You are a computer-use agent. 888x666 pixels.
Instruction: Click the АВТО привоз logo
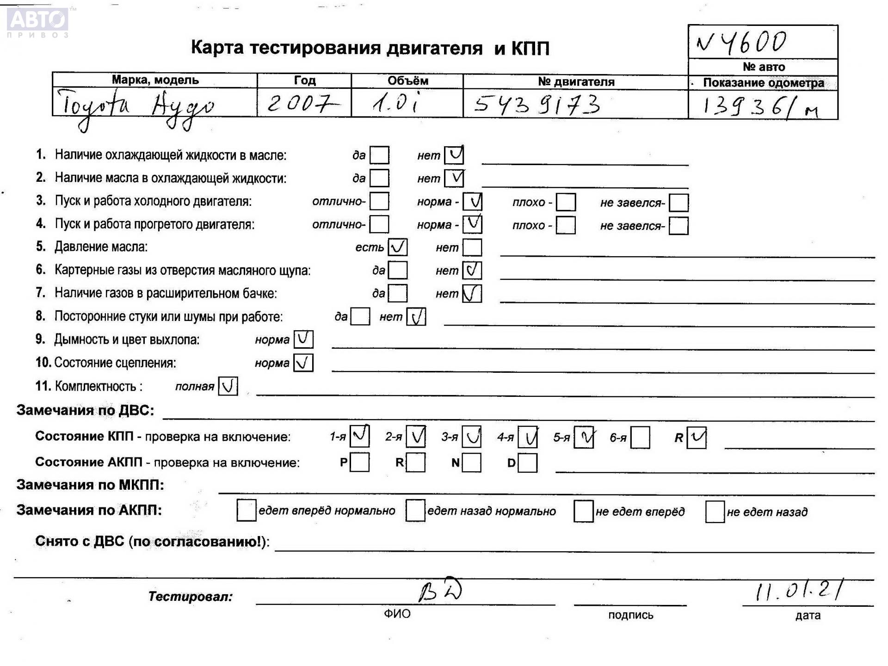[38, 22]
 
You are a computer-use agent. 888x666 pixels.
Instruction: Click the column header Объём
[407, 80]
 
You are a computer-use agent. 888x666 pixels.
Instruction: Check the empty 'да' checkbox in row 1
[379, 155]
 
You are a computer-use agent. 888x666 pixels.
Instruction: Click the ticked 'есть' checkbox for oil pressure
[398, 247]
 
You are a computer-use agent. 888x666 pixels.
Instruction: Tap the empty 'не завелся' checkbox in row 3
[678, 203]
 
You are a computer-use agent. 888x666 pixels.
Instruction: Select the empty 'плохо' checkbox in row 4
[566, 225]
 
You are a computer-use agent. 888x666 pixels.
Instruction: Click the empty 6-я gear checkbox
[641, 438]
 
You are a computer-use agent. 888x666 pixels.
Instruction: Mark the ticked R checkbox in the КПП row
[697, 438]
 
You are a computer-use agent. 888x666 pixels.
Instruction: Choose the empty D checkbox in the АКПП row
[528, 462]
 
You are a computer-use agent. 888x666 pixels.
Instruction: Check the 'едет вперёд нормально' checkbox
[246, 511]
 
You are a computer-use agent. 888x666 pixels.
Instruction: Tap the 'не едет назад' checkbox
[715, 512]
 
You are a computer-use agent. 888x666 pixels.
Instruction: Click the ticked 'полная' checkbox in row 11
[228, 386]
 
